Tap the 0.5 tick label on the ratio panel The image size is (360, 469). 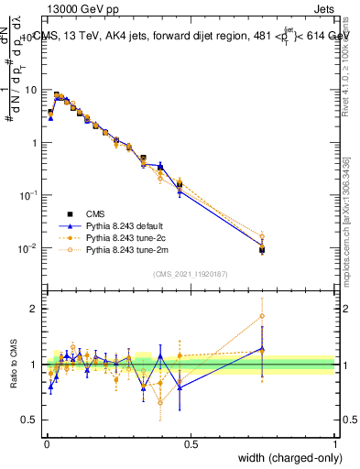[31, 419]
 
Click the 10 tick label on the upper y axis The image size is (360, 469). [31, 90]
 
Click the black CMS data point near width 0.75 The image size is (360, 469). [262, 248]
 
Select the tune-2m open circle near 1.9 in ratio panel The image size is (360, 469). [262, 316]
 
